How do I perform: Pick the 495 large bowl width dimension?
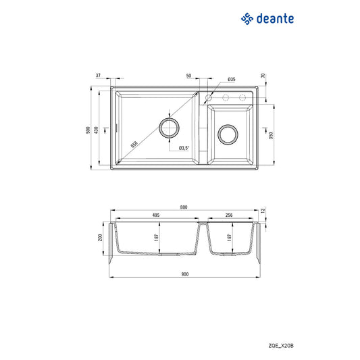coord(155,215)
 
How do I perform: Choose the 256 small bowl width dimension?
coord(230,215)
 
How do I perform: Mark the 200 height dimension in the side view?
coord(99,238)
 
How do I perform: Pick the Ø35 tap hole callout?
coord(231,80)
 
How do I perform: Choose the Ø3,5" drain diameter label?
coord(184,148)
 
